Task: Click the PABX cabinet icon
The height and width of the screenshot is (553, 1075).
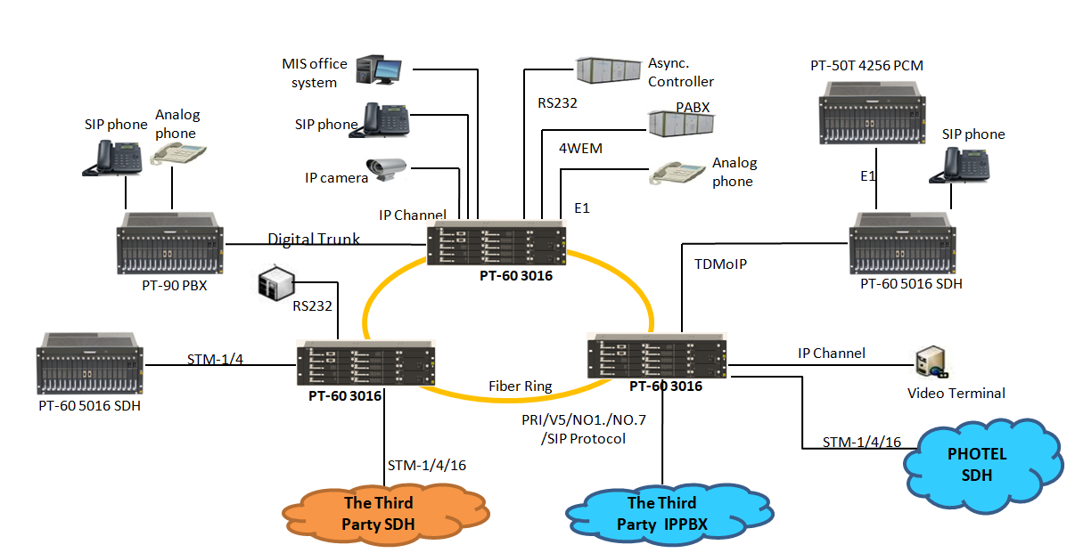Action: pos(680,123)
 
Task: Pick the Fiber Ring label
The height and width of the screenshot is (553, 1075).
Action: pos(520,386)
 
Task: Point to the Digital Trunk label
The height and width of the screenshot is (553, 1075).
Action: pos(314,239)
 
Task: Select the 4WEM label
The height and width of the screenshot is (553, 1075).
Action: pos(580,149)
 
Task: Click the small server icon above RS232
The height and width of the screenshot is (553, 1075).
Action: pos(275,283)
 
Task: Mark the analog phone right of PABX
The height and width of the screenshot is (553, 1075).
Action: pos(676,171)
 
